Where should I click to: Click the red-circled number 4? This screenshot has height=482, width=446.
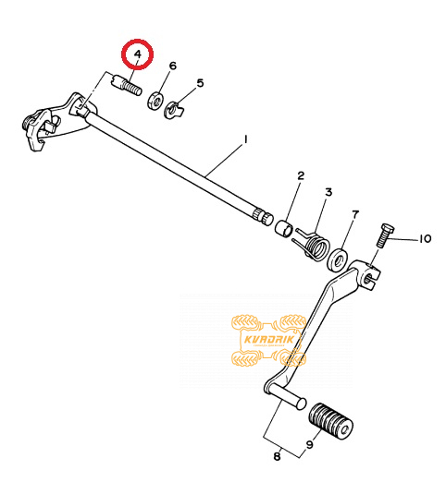tap(138, 54)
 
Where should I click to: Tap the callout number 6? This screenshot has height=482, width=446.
tap(173, 66)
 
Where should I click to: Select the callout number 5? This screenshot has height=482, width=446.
tap(201, 83)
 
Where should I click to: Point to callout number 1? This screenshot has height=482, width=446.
tap(245, 139)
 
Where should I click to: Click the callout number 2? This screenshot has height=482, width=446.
tap(301, 175)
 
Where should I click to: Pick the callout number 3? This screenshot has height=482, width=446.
tap(328, 192)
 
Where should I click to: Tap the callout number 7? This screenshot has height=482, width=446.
tap(355, 214)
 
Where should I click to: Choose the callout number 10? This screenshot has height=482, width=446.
tap(425, 238)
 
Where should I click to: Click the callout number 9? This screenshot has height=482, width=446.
tap(310, 444)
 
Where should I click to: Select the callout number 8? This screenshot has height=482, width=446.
tap(277, 456)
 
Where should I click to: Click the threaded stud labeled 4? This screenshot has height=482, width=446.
tap(126, 85)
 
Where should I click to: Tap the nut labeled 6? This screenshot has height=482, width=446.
tap(155, 100)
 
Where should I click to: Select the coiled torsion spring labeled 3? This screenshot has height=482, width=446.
tap(313, 244)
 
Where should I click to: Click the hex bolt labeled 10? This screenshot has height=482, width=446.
tap(384, 235)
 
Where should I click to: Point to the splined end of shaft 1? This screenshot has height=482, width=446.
tap(263, 216)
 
